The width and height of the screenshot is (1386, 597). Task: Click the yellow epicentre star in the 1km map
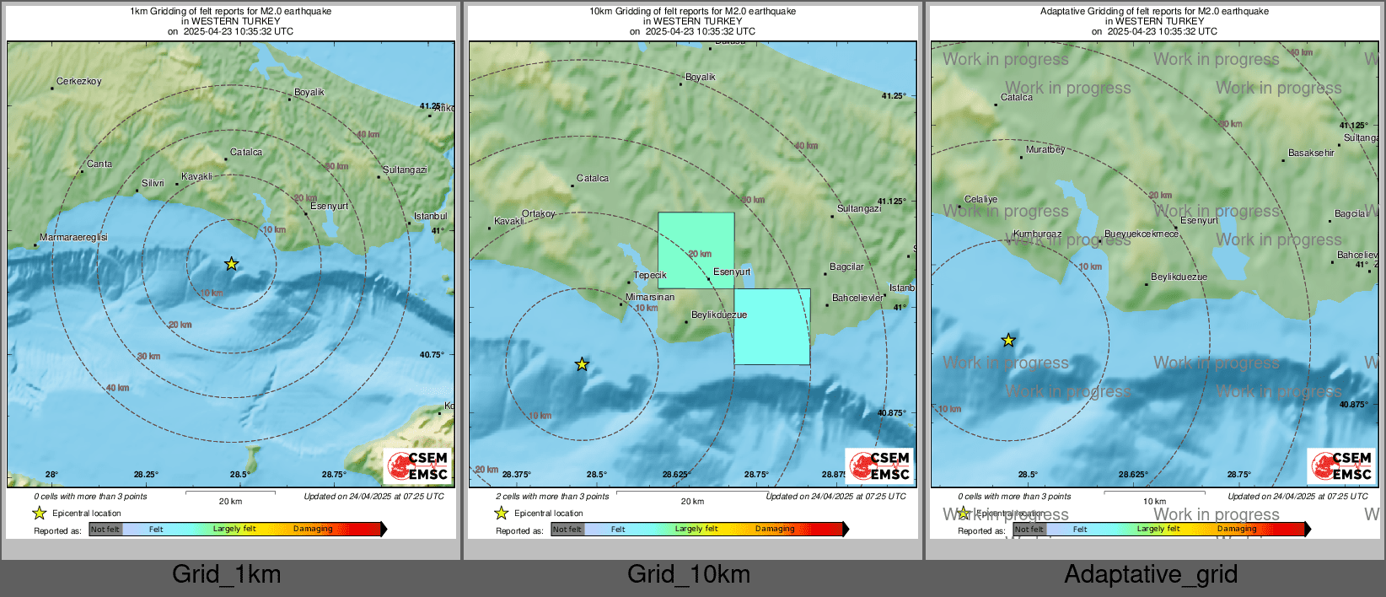tap(232, 264)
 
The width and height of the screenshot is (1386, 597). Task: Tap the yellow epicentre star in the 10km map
tap(582, 364)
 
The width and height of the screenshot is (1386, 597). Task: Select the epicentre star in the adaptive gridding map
tap(1008, 341)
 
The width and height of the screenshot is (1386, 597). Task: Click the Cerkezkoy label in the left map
tap(78, 82)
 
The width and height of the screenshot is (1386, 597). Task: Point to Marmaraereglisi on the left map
tap(73, 238)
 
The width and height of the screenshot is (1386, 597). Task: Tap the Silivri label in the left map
tap(153, 183)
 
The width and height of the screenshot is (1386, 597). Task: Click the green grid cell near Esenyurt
tap(696, 249)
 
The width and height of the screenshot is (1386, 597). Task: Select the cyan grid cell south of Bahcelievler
tap(772, 327)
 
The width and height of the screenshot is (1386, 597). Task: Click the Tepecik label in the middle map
tap(650, 275)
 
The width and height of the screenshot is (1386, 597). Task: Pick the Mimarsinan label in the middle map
tap(650, 297)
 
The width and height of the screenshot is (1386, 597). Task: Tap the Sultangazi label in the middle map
tap(858, 208)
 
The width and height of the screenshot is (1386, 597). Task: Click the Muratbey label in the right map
tap(1045, 149)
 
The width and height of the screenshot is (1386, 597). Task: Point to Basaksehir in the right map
tap(1311, 153)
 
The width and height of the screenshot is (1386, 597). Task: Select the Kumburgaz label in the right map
tap(1037, 234)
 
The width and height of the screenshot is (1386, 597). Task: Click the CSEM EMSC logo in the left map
tap(417, 466)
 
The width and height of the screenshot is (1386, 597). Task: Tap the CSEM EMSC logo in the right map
tap(1341, 466)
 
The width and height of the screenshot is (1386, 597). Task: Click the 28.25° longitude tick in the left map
tap(146, 475)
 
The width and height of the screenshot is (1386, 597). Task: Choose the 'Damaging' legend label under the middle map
tap(774, 529)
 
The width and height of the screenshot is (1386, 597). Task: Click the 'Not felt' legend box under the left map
tap(105, 529)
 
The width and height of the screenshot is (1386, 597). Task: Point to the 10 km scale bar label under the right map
tap(1154, 501)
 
